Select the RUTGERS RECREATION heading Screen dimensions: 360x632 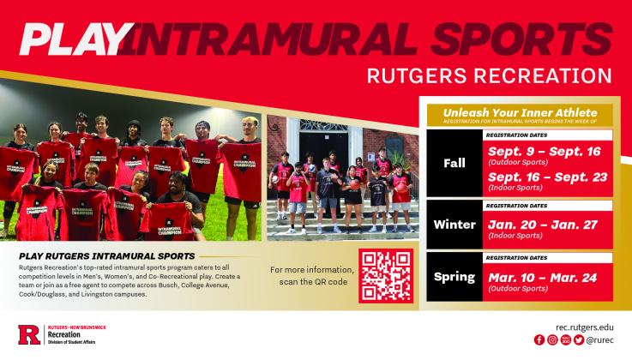[489, 76]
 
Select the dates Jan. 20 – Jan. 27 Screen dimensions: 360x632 [533, 221]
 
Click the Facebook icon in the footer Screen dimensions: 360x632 [539, 340]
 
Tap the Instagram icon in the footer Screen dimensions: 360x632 [551, 340]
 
